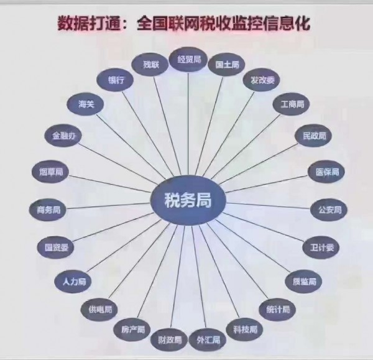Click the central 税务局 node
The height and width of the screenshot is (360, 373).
point(188,200)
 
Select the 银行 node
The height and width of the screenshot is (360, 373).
point(116,80)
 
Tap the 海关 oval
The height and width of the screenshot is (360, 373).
point(86,104)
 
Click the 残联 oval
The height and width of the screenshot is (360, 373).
point(150,65)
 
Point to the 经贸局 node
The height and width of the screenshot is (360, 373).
point(188,59)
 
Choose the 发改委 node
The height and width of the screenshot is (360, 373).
point(262,80)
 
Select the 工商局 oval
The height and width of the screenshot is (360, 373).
point(292,104)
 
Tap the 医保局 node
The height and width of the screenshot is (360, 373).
point(326,172)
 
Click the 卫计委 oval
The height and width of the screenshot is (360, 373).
point(321,247)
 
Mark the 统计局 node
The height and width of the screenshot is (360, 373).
point(277,310)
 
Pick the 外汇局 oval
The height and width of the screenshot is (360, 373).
point(208,339)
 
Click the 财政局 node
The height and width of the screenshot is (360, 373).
point(169,339)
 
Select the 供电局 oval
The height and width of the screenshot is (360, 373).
point(99,310)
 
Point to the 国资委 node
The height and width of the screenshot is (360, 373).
point(56,247)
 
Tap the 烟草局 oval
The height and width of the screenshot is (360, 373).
point(50,172)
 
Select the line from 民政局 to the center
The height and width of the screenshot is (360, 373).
point(259,164)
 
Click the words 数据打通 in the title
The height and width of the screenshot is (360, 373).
point(88,24)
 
